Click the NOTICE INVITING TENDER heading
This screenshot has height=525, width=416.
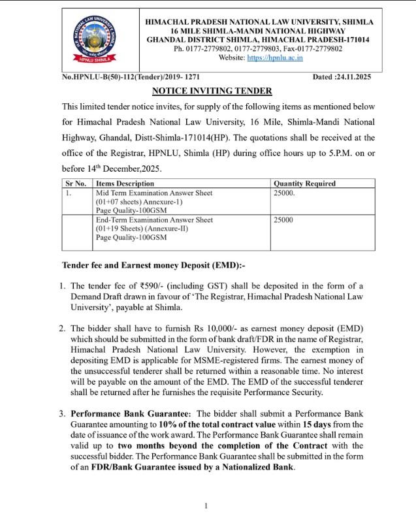click(207, 91)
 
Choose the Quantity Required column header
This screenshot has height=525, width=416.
click(304, 183)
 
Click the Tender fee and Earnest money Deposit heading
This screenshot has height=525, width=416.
click(153, 265)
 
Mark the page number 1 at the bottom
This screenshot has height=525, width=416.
click(206, 506)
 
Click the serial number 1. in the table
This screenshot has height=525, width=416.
click(69, 193)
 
